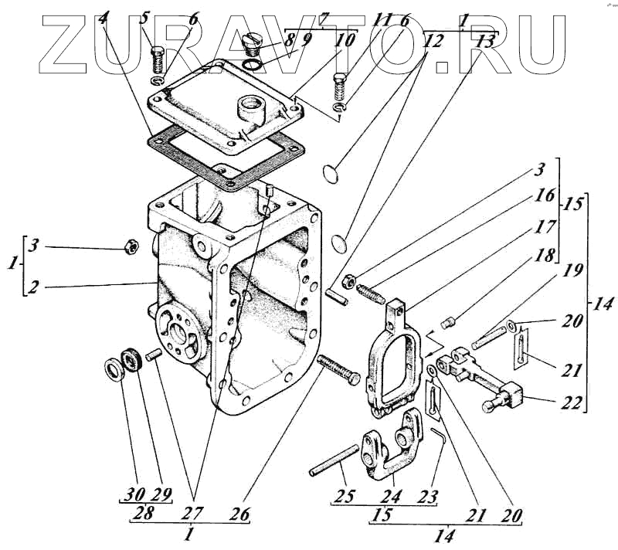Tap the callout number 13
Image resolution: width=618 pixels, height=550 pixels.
pos(484,42)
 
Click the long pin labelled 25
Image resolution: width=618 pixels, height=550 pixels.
pos(334,458)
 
